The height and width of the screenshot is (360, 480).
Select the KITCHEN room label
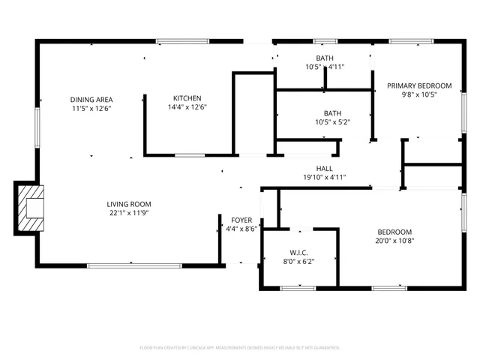coord(187,98)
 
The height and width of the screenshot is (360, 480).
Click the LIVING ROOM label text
coord(128,204)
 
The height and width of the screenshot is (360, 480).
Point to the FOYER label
coord(241,220)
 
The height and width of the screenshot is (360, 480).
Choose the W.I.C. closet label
coord(298,253)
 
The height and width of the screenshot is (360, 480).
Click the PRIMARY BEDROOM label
coord(419,85)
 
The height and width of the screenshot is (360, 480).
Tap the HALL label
coord(324,169)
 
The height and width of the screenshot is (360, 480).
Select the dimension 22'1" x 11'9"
coord(128,213)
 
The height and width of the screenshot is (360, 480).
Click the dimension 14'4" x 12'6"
coord(187,107)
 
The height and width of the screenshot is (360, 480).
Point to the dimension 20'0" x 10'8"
coord(394,241)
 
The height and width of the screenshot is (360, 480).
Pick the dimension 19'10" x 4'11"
coord(324,178)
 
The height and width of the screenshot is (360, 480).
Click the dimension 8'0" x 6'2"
coord(298,262)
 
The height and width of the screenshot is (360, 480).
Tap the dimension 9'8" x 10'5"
coord(419,94)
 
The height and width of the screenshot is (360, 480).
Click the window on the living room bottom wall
coord(134,265)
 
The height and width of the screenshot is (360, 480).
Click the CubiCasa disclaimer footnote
coord(240,348)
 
